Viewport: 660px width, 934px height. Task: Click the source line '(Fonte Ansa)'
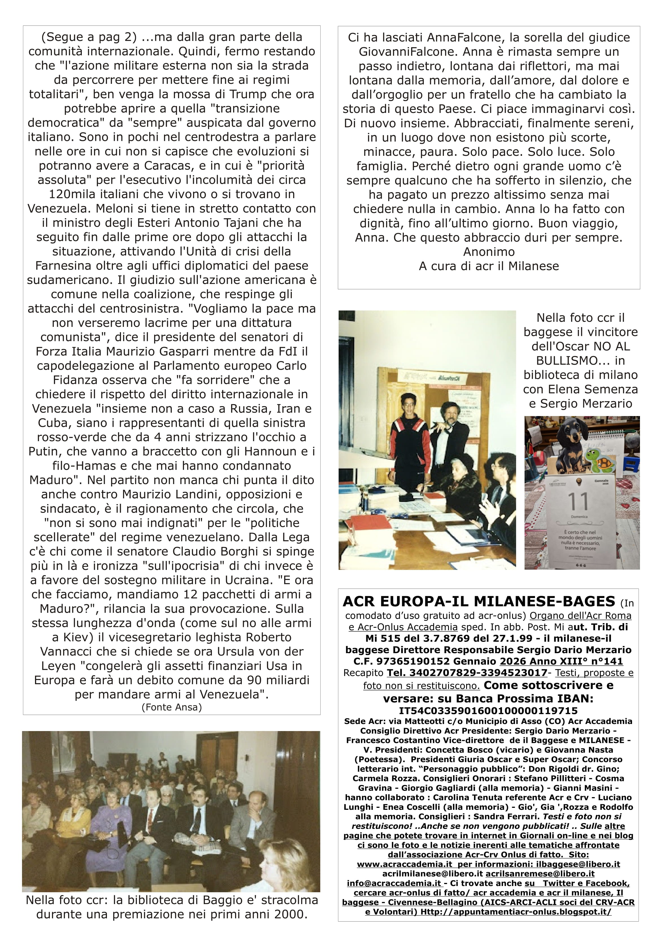(172, 707)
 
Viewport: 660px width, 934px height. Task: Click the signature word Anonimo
(489, 252)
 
